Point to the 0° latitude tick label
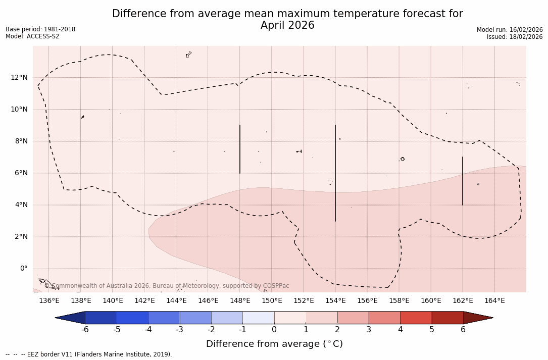24,269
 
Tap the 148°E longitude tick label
240,301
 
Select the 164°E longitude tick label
494,301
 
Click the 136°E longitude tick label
49,301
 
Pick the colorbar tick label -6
85,330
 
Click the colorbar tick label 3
369,330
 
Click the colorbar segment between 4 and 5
416,318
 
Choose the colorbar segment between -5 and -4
132,318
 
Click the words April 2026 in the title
287,25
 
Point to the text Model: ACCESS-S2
32,36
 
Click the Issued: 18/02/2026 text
515,37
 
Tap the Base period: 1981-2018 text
40,29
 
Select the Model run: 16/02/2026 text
510,30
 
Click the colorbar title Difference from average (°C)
274,344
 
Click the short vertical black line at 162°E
463,181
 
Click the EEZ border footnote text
89,354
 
